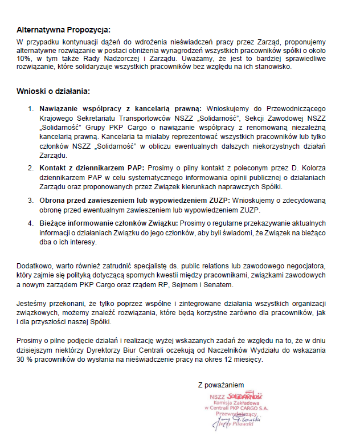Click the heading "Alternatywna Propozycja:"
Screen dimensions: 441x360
[x=63, y=30]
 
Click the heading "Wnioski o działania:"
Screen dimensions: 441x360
[x=53, y=91]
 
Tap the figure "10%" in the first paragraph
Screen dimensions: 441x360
[x=24, y=58]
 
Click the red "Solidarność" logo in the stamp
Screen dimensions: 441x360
[x=244, y=395]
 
